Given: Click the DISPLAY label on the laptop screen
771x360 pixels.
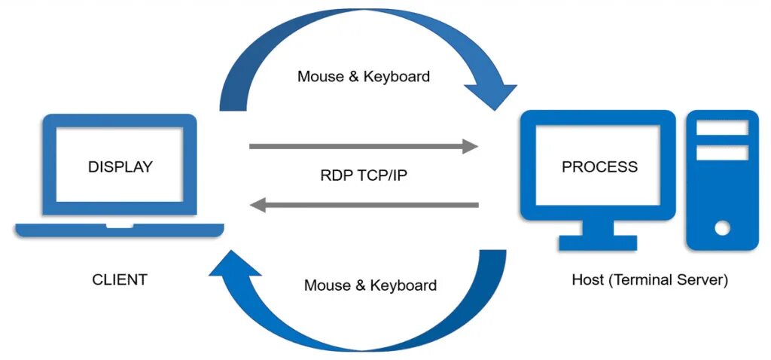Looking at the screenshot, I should pyautogui.click(x=120, y=166).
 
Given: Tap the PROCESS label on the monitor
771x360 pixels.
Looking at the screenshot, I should pyautogui.click(x=599, y=166).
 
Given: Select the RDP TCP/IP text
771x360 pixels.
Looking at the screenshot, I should pyautogui.click(x=364, y=175).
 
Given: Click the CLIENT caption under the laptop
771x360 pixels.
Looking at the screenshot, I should pyautogui.click(x=120, y=280).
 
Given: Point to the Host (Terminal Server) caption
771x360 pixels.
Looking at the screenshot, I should pyautogui.click(x=650, y=280).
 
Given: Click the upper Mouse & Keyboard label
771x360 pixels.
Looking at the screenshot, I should pyautogui.click(x=364, y=76).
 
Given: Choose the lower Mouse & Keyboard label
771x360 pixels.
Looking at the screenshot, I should pyautogui.click(x=370, y=285).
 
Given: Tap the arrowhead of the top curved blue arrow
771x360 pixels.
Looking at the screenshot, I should pyautogui.click(x=490, y=95).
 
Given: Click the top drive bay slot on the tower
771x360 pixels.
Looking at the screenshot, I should pyautogui.click(x=722, y=128).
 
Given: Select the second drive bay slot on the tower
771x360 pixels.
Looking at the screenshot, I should pyautogui.click(x=722, y=153).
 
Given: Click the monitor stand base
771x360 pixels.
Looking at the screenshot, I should pyautogui.click(x=598, y=243).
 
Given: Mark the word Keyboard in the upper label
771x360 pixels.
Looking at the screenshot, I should pyautogui.click(x=396, y=76).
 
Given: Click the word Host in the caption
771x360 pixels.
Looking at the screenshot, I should pyautogui.click(x=587, y=280).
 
